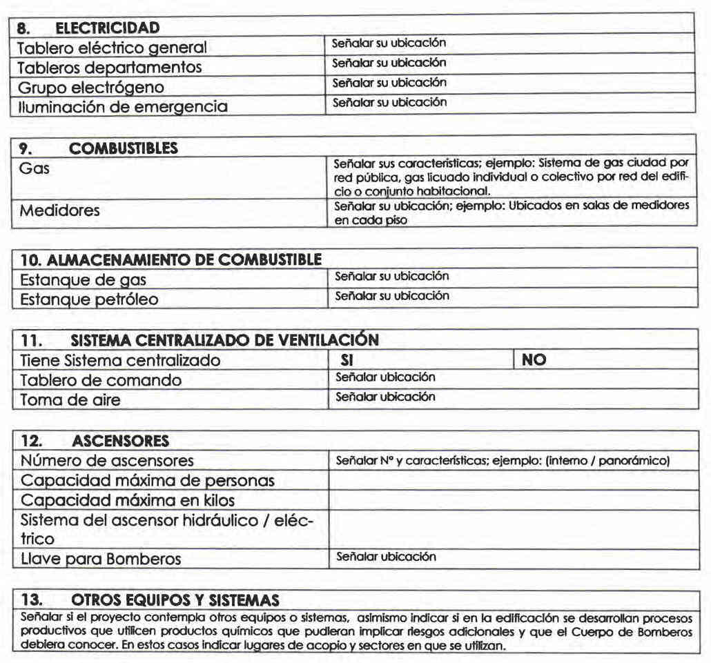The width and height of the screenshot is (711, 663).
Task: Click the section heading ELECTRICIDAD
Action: tap(107, 28)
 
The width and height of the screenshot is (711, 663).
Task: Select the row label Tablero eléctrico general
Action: tap(111, 48)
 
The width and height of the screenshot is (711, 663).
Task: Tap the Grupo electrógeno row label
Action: tap(90, 88)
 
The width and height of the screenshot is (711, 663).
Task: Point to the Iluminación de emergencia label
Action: tap(121, 107)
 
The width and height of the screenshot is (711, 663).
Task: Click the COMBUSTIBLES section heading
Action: tap(124, 148)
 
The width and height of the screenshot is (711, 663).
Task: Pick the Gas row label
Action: tap(35, 168)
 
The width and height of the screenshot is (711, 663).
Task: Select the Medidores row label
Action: tap(59, 210)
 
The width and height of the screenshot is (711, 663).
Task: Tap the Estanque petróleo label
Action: tap(89, 299)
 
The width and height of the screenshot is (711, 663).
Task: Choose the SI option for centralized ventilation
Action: tap(347, 360)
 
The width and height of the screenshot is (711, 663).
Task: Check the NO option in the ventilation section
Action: tap(534, 360)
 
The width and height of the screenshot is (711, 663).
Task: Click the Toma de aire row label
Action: tap(70, 399)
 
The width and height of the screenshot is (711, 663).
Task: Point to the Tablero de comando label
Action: tap(101, 380)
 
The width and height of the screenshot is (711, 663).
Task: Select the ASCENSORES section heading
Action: tap(120, 441)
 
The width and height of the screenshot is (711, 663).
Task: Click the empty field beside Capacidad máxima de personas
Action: tap(514, 480)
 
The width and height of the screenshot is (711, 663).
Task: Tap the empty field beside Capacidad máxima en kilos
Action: tap(514, 499)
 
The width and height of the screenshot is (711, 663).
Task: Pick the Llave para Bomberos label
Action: tap(101, 559)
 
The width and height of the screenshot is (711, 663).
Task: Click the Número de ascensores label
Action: tap(107, 460)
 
